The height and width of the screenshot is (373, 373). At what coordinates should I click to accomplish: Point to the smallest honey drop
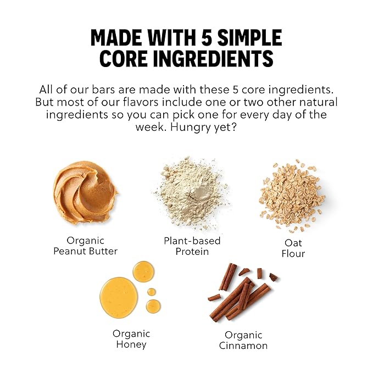point(151,292)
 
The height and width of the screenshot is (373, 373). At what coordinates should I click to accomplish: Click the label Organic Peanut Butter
point(85,246)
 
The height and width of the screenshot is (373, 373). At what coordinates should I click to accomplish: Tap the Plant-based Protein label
point(192,246)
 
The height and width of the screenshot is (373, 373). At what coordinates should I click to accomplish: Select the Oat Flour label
point(293,248)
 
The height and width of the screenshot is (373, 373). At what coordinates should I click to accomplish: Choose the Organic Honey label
point(131,339)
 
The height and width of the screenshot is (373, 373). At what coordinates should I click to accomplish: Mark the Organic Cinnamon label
point(243,340)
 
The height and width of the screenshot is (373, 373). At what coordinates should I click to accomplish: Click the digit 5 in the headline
point(206,38)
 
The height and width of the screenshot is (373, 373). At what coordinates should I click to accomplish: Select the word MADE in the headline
point(116,38)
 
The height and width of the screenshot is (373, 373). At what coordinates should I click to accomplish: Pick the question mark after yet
point(234,127)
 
